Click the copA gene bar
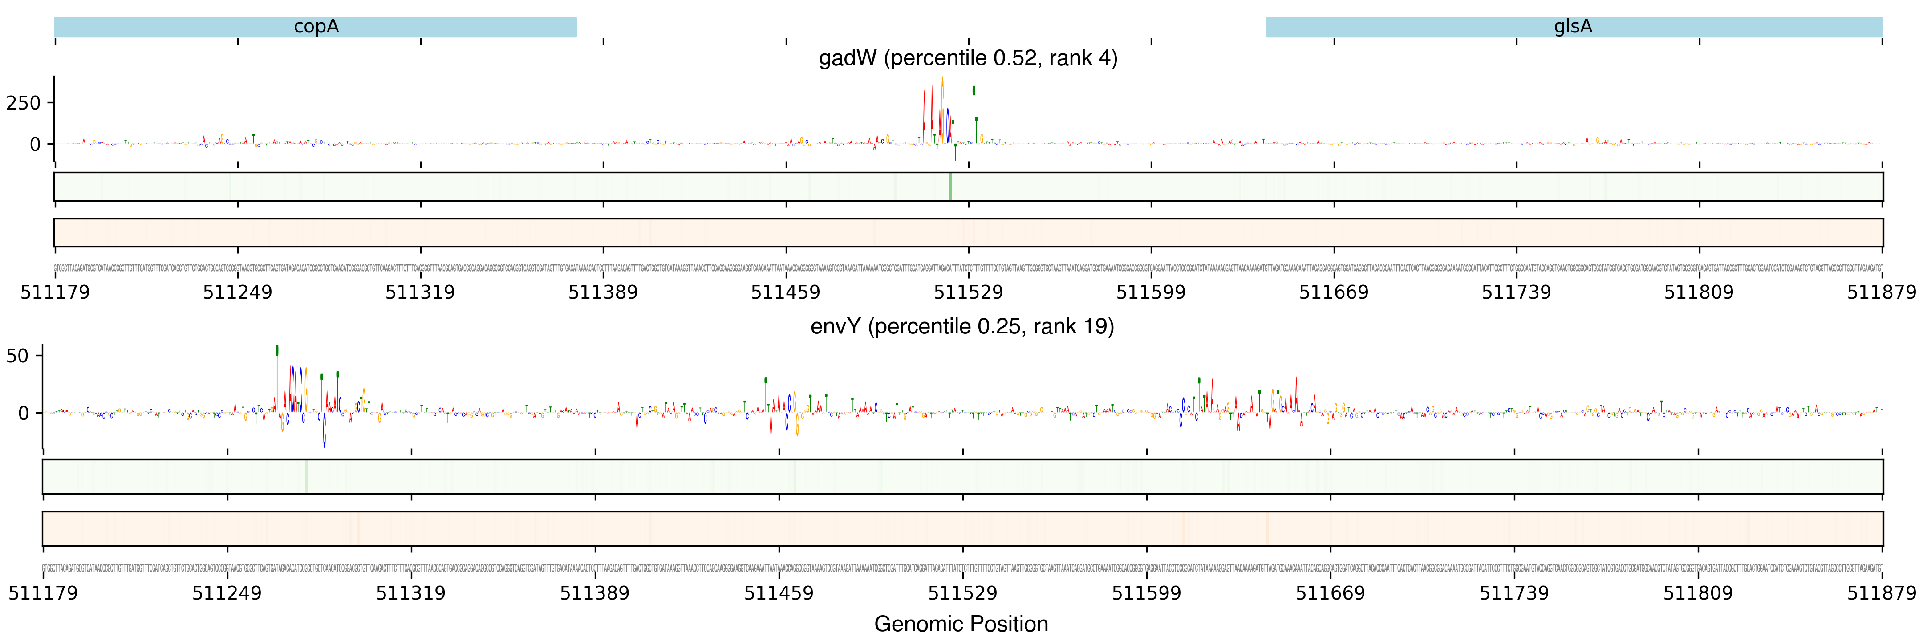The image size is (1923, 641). pos(315,27)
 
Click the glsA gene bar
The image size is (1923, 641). pos(1574,27)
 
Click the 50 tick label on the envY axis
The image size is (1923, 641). pos(17,356)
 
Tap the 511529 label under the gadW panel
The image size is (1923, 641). pos(968,292)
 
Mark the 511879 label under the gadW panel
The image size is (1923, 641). pos(1881,292)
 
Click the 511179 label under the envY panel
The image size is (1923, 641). pos(43,593)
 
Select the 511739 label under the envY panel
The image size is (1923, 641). pos(1514,593)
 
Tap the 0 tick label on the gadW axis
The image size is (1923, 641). pos(34,145)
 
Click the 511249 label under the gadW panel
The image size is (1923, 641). pos(237,292)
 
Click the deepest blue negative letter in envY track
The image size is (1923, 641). pos(324,433)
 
